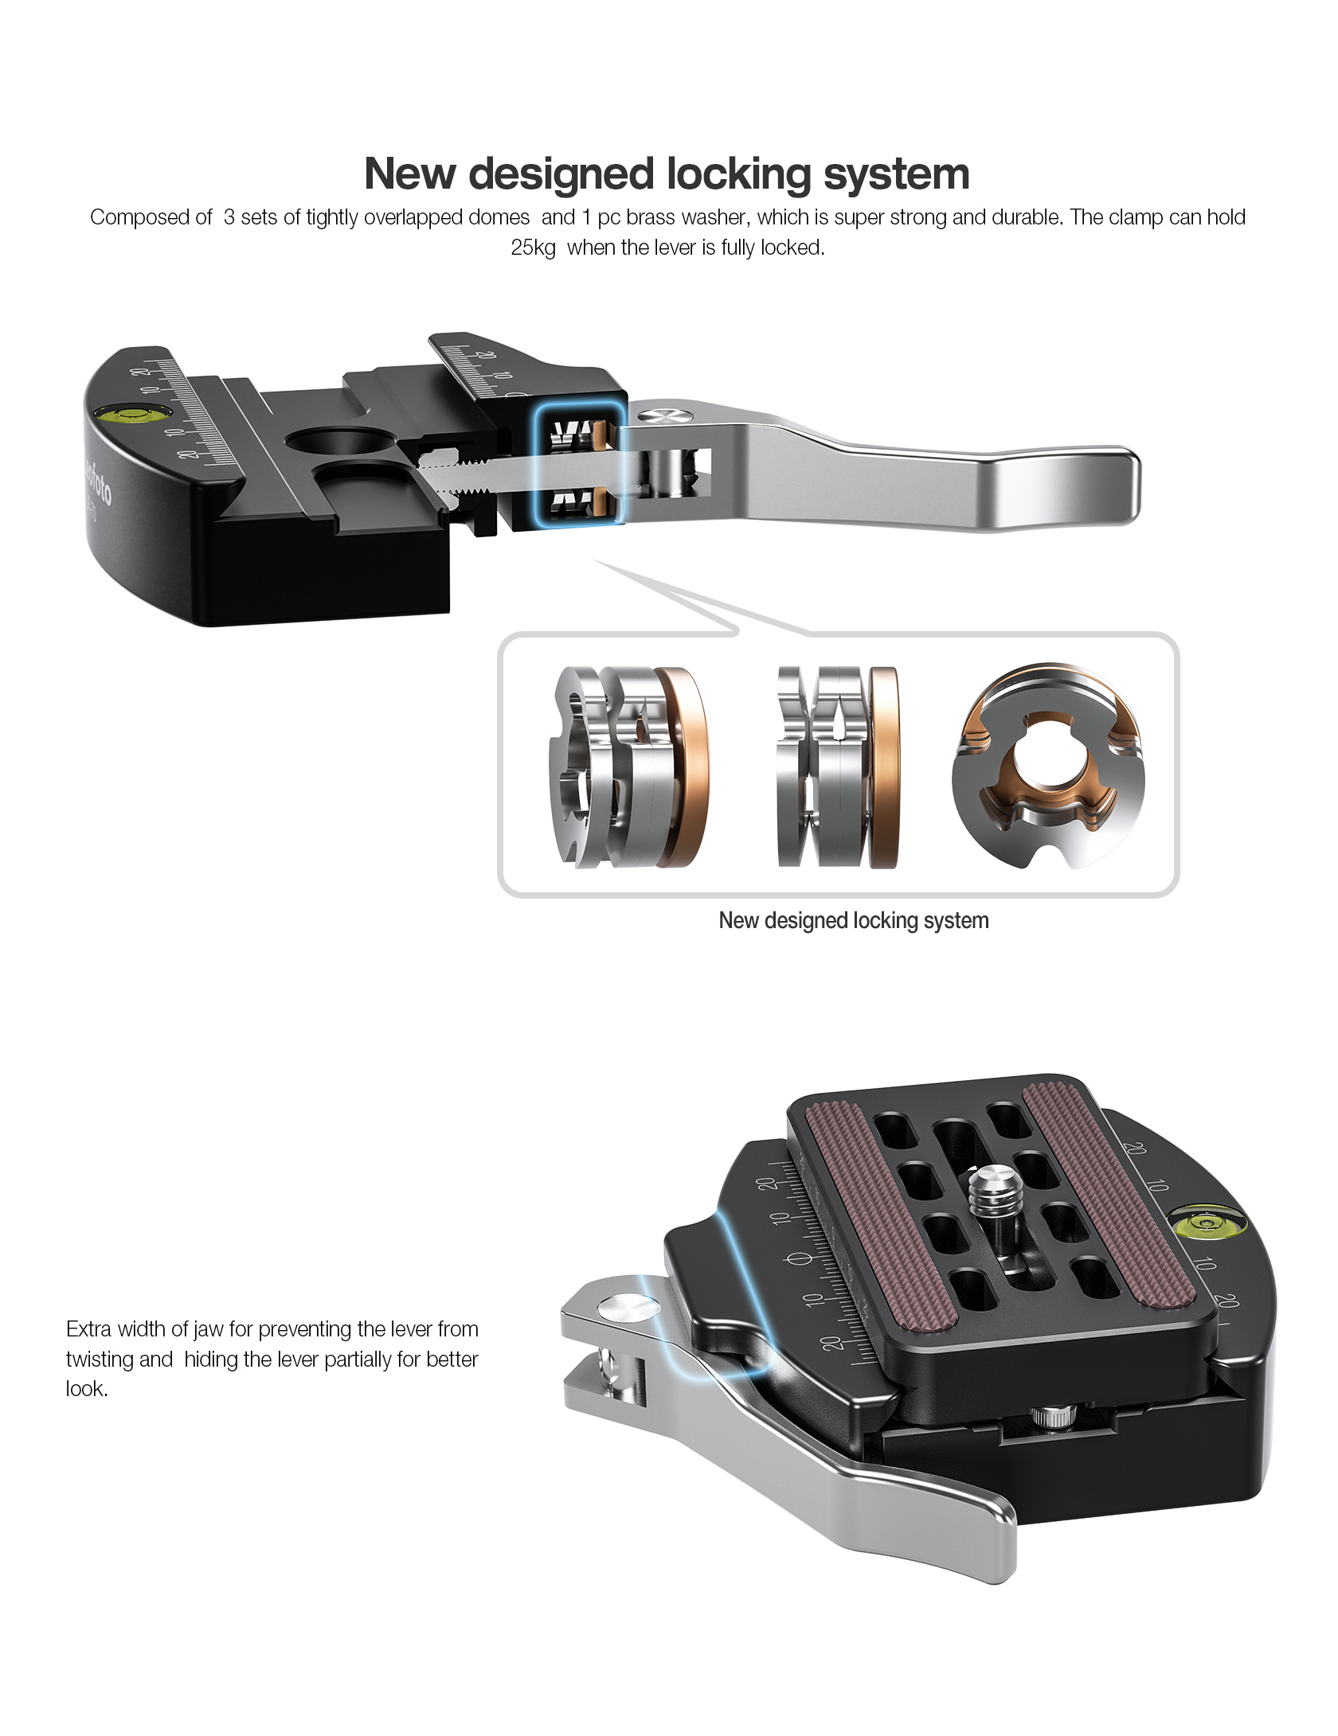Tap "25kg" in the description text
[533, 248]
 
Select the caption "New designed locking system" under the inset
[854, 921]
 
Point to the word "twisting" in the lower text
[100, 1360]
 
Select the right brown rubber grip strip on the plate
[1107, 1194]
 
